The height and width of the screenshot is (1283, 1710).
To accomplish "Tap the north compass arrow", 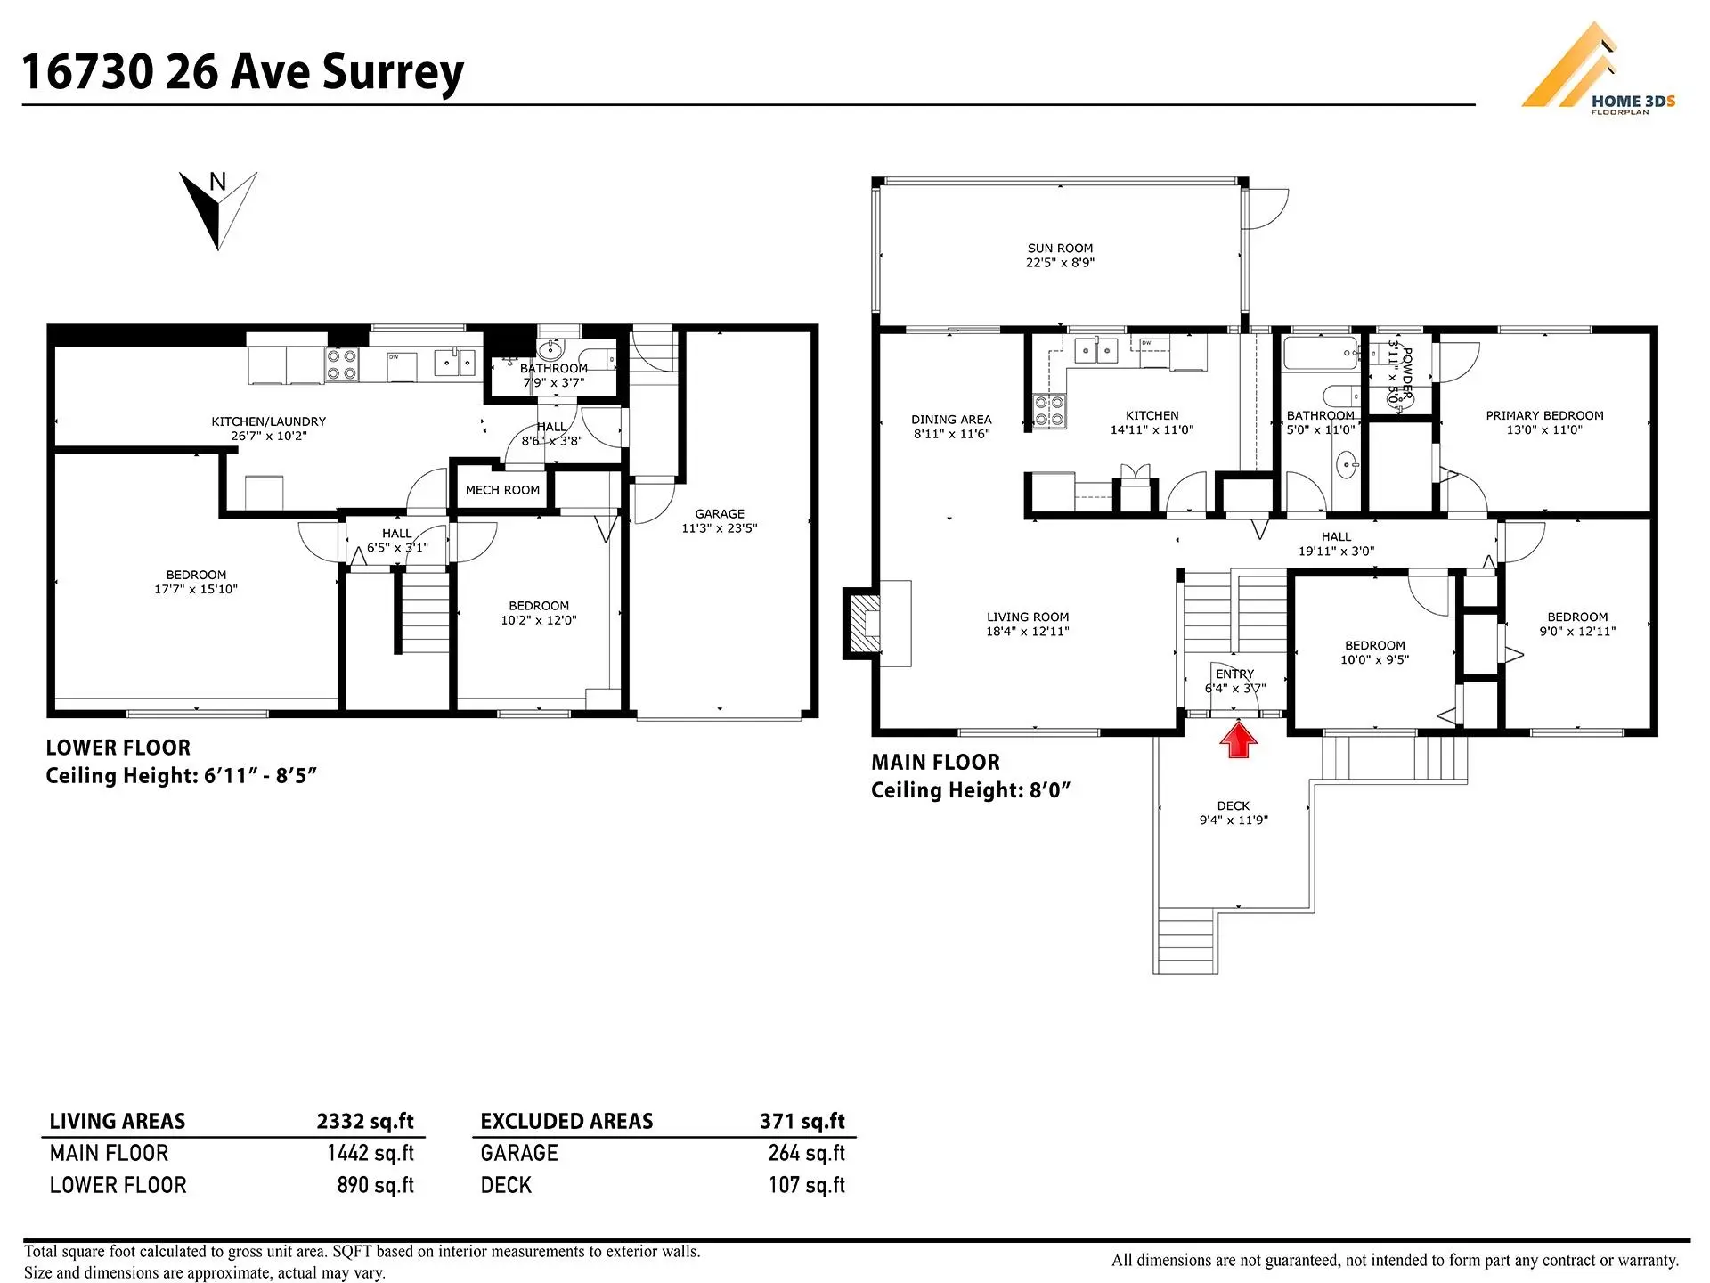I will tap(218, 210).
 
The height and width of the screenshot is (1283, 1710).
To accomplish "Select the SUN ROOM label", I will tap(1060, 249).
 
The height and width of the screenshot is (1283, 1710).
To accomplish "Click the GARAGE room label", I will tap(720, 514).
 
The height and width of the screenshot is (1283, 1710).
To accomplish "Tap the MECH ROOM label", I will tap(502, 490).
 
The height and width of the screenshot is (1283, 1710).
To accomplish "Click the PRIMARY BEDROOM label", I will tap(1544, 415).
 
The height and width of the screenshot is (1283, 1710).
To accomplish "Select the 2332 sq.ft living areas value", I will tap(365, 1121).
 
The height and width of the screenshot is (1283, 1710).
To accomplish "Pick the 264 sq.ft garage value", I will tap(806, 1153).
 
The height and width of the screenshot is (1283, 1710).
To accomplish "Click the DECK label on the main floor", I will tap(1234, 805).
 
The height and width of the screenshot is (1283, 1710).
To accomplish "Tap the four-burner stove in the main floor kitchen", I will tap(1049, 412).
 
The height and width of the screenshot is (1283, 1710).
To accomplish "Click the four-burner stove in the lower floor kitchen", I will tap(342, 364).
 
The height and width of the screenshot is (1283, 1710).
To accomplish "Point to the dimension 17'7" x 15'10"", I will tap(196, 589).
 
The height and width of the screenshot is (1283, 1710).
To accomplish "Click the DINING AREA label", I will tap(951, 420).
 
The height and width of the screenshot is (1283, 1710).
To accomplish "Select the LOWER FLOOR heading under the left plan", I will tap(118, 748).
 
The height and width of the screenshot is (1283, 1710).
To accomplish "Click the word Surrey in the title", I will tap(393, 71).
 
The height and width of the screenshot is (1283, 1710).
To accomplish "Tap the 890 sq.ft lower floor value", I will tap(375, 1185).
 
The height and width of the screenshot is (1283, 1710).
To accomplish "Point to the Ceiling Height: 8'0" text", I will tap(970, 790).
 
